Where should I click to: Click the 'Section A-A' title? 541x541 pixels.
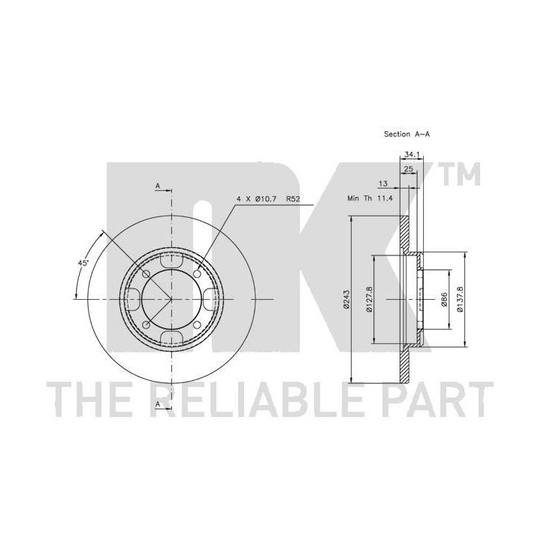(407, 134)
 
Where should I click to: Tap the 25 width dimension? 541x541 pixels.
(409, 169)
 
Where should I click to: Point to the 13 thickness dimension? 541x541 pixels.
(383, 183)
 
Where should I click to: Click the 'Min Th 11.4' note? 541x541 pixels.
(370, 198)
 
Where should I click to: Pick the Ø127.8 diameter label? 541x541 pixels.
(369, 299)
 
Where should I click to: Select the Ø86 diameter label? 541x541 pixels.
(444, 299)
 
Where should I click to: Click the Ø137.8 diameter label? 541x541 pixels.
(460, 299)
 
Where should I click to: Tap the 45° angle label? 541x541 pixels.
(83, 263)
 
